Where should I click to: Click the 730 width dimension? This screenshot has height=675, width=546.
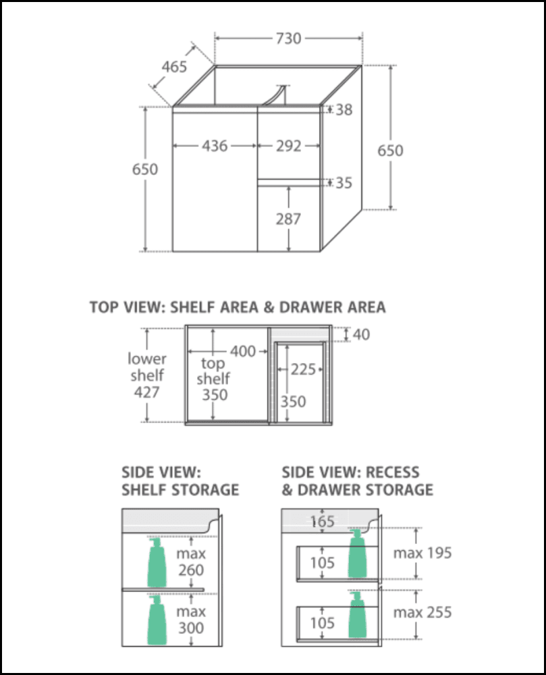pyautogui.click(x=288, y=38)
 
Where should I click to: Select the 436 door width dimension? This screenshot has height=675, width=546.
pyautogui.click(x=215, y=146)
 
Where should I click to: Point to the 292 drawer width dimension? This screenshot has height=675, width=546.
pyautogui.click(x=288, y=146)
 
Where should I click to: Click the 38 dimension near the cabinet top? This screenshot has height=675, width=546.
pyautogui.click(x=344, y=109)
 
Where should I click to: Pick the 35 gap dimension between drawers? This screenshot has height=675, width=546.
pyautogui.click(x=344, y=183)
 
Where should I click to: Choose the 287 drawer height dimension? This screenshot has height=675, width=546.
pyautogui.click(x=288, y=219)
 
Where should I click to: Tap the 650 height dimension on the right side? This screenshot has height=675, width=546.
pyautogui.click(x=390, y=150)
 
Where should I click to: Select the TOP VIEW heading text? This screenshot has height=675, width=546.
pyautogui.click(x=237, y=307)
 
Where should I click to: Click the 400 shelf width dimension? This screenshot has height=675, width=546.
pyautogui.click(x=243, y=351)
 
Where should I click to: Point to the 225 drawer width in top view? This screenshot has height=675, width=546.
pyautogui.click(x=304, y=370)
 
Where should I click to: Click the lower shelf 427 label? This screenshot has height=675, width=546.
pyautogui.click(x=147, y=375)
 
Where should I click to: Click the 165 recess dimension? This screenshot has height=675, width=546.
pyautogui.click(x=323, y=521)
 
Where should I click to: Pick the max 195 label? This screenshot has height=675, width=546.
pyautogui.click(x=422, y=553)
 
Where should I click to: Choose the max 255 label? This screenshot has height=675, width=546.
pyautogui.click(x=422, y=612)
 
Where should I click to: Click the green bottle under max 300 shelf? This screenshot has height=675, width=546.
pyautogui.click(x=157, y=620)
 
